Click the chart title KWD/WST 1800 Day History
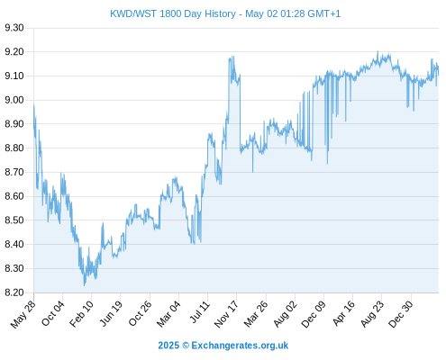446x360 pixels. click(173, 13)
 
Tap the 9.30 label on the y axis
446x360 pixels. click(14, 28)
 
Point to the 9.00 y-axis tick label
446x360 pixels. click(14, 100)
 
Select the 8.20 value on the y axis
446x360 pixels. click(14, 292)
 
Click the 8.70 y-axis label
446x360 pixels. click(14, 172)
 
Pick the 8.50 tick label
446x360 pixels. click(14, 220)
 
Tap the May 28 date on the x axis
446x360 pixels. click(23, 314)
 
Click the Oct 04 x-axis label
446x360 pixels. click(53, 313)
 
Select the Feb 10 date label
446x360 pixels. click(81, 314)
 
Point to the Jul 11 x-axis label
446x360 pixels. click(200, 312)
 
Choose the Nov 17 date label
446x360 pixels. click(226, 314)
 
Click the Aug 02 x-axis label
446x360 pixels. click(285, 314)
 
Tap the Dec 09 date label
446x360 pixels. click(314, 314)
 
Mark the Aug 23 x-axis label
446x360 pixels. click(372, 314)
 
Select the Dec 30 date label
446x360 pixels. click(401, 314)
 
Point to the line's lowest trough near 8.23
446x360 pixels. click(84, 285)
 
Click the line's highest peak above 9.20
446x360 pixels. click(378, 51)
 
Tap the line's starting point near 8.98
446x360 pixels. click(33, 104)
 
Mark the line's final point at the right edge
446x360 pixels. click(439, 75)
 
